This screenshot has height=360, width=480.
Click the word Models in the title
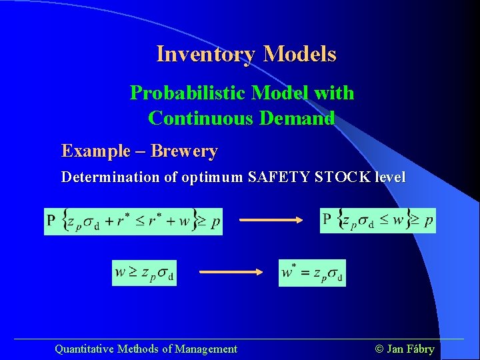pyautogui.click(x=299, y=54)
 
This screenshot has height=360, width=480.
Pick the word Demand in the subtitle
pyautogui.click(x=295, y=118)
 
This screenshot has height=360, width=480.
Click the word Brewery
pyautogui.click(x=184, y=151)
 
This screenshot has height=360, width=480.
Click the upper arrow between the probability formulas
pyautogui.click(x=270, y=218)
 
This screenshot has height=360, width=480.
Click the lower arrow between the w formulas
pyautogui.click(x=232, y=271)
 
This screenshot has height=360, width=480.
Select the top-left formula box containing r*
pyautogui.click(x=133, y=220)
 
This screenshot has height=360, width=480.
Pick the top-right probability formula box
pyautogui.click(x=378, y=219)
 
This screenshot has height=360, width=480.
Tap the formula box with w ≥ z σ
pyautogui.click(x=145, y=273)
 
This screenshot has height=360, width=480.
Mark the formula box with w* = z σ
pyautogui.click(x=312, y=273)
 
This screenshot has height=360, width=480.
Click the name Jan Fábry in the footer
pyautogui.click(x=411, y=349)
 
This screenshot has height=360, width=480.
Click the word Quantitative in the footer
pyautogui.click(x=84, y=349)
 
